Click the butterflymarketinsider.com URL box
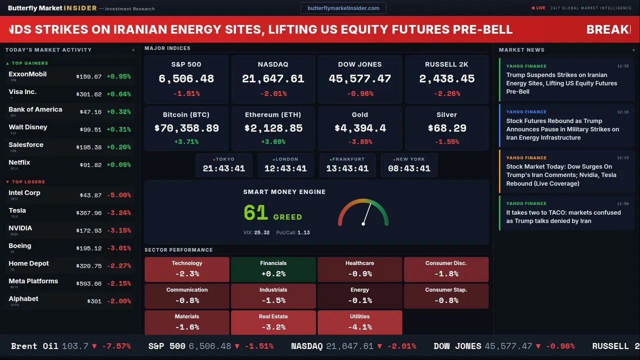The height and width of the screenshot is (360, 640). click(x=343, y=8)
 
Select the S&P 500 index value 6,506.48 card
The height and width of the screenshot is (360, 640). click(x=186, y=78)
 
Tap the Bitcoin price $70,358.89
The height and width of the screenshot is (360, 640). click(x=186, y=128)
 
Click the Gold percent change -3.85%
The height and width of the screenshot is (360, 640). click(x=360, y=142)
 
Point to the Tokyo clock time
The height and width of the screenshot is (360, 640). click(x=224, y=168)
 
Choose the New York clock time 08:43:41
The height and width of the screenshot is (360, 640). click(x=409, y=168)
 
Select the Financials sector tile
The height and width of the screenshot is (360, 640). click(x=273, y=269)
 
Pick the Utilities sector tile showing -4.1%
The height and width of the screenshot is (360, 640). click(x=359, y=322)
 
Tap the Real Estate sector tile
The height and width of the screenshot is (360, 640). click(x=273, y=322)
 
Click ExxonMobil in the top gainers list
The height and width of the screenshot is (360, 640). click(x=27, y=74)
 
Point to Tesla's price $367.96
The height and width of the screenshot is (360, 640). click(x=89, y=213)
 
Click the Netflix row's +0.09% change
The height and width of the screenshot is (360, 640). click(x=118, y=165)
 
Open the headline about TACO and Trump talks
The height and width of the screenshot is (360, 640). click(x=563, y=216)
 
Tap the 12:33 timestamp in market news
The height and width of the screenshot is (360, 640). click(x=622, y=66)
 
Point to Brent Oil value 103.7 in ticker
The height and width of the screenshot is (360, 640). click(x=75, y=346)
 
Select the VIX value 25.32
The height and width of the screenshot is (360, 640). click(x=261, y=232)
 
